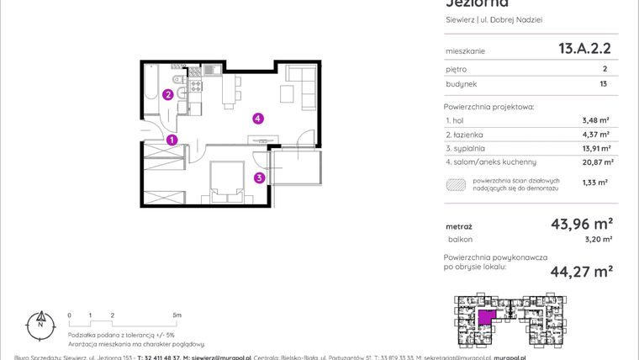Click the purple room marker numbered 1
[172, 140]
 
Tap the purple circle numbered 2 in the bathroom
[168, 95]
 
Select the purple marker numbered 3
[260, 177]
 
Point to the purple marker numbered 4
[258, 119]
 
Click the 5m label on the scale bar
[177, 315]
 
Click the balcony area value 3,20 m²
[598, 239]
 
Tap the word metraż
[458, 226]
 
